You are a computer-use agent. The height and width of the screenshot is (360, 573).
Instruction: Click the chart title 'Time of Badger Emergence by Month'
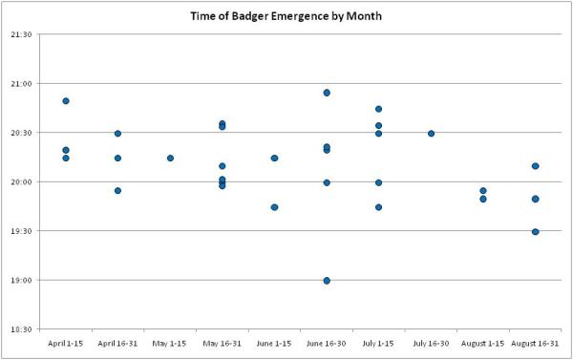tap(286, 16)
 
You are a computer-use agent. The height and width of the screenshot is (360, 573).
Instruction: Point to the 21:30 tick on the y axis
tap(21, 34)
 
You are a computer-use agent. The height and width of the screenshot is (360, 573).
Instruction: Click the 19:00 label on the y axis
tap(21, 281)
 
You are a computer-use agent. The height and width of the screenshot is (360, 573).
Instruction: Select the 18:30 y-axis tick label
tap(21, 329)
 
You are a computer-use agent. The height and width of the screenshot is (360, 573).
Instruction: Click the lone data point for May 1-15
tap(170, 159)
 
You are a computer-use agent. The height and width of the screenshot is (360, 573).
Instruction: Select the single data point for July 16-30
tap(431, 134)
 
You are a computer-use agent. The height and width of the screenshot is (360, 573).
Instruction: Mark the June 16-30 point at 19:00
tap(327, 281)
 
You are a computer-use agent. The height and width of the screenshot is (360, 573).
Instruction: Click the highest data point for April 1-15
tap(66, 101)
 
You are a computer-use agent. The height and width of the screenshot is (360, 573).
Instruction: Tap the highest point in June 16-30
tap(327, 93)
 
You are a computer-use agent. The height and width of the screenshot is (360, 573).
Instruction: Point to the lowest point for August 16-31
tap(535, 232)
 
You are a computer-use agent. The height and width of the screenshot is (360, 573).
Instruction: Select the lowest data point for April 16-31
tap(118, 191)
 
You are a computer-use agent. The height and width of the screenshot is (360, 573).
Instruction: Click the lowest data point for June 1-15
tap(274, 207)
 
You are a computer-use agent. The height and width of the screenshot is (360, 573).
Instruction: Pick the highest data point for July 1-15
tap(378, 109)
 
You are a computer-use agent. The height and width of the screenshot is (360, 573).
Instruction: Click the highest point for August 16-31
tap(535, 166)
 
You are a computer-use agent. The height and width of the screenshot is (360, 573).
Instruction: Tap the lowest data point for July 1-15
tap(378, 207)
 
